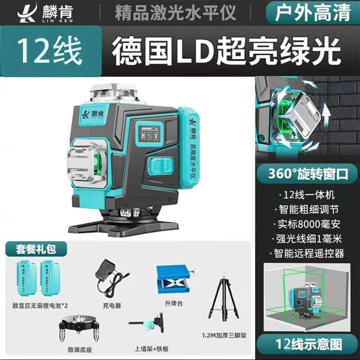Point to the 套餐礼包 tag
point(36,248)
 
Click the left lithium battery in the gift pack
point(27,279)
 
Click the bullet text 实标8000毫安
point(309,224)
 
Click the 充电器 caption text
point(112,306)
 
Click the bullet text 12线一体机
point(309,196)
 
